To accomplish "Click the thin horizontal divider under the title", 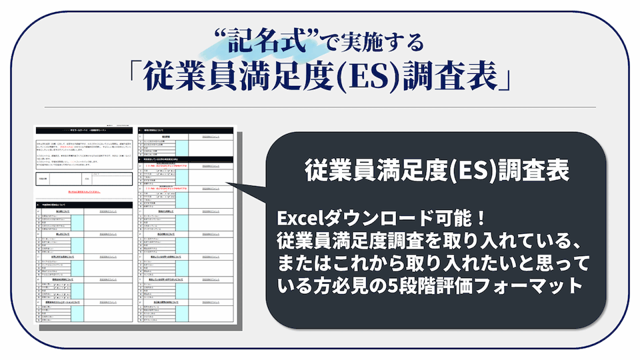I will click(320, 107).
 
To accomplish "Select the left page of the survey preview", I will click(83, 227).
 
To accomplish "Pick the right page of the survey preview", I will click(183, 227).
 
